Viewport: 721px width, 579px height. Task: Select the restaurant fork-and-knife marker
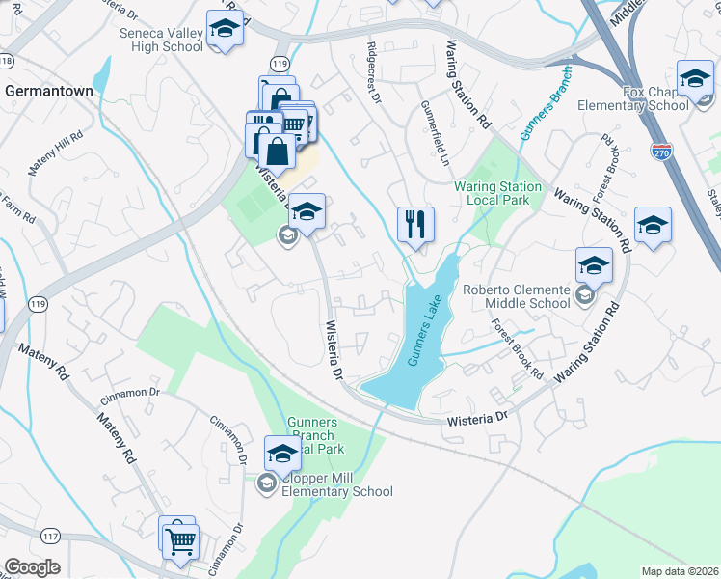(415, 224)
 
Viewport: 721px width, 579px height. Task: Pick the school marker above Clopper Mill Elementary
(282, 453)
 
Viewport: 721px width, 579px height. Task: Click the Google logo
(32, 567)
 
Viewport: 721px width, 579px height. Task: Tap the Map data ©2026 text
(680, 571)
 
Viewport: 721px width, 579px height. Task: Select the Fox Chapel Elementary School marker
(695, 79)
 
